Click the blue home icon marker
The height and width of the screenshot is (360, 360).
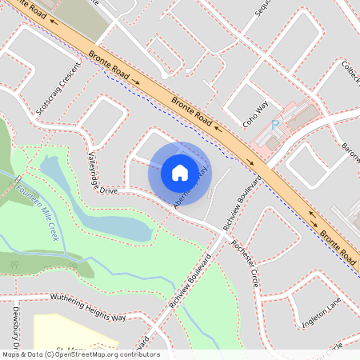[180, 173]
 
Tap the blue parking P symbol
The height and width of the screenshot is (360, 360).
[275, 125]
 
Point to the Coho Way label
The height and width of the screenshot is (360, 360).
[255, 114]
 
